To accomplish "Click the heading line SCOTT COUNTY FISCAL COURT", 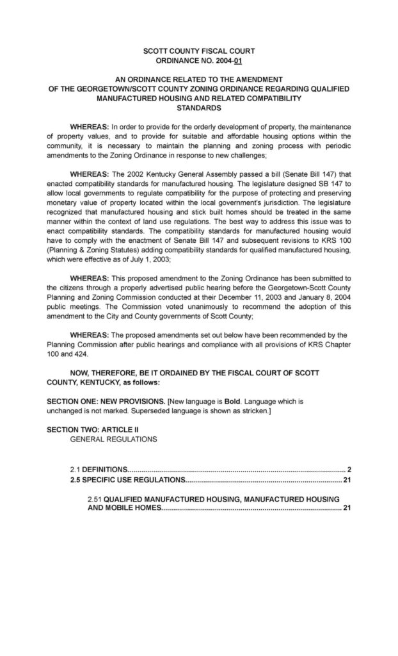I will [x=198, y=51].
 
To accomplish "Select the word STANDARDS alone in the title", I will [x=198, y=109].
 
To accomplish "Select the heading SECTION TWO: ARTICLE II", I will [x=92, y=429].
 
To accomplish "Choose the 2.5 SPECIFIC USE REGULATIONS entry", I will [x=128, y=479].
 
